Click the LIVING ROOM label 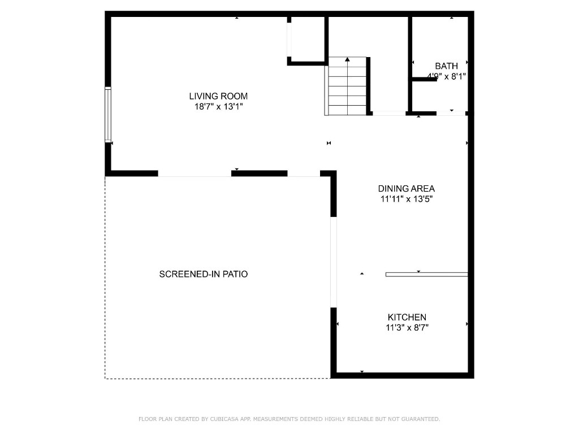pos(218,96)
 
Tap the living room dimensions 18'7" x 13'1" pos(218,106)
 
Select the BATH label pos(446,66)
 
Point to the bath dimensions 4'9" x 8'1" pos(446,76)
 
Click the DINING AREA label pos(406,189)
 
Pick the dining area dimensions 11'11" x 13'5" pos(406,198)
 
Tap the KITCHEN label pos(407,318)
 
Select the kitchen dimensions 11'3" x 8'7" pos(407,327)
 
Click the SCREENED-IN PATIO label pos(204,274)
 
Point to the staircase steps pos(348,90)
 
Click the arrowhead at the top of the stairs pos(348,59)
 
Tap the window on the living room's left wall pos(108,114)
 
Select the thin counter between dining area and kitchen pos(426,275)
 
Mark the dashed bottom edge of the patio pos(218,378)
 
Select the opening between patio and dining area pos(334,262)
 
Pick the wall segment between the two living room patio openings pos(259,173)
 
